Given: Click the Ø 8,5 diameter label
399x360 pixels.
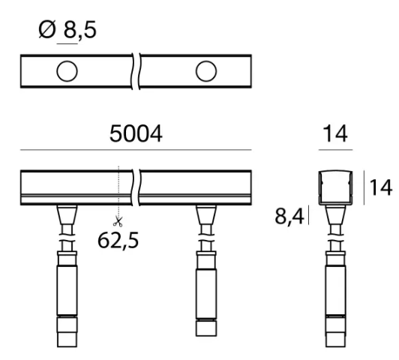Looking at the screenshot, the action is click(67, 30).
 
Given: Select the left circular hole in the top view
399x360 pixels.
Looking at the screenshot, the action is click(67, 71).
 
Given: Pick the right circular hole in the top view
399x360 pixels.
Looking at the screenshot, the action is click(206, 71).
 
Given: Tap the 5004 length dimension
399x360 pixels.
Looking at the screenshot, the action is click(136, 133).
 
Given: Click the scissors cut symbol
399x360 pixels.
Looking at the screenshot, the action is click(118, 221).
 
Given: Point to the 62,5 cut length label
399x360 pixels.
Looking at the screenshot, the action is click(118, 241).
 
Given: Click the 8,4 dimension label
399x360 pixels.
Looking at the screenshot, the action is click(289, 216).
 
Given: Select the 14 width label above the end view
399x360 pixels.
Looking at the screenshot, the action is click(334, 133).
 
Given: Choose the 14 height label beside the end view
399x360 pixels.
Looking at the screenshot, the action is click(380, 187).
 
